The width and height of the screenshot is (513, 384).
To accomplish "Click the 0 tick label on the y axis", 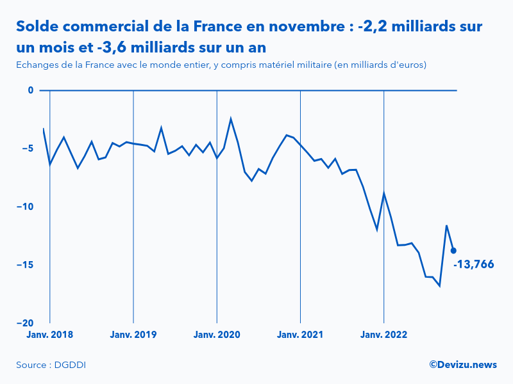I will click(30, 90).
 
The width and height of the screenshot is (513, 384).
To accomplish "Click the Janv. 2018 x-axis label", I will click(49, 335).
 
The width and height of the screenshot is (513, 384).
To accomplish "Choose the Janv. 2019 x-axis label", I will click(133, 335).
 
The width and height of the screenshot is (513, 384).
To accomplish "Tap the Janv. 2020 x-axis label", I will click(217, 335).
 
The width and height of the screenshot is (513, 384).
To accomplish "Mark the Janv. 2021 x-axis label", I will click(300, 335).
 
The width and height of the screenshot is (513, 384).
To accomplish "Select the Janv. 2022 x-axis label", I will click(383, 335).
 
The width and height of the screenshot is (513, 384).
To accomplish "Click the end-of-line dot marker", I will click(453, 251).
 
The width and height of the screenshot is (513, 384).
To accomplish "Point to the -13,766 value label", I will click(474, 264).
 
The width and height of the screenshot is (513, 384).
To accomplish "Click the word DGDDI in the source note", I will click(72, 365).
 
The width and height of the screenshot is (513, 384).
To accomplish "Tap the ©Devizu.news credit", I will click(462, 365).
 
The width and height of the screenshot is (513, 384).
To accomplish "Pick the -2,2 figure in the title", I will click(371, 27).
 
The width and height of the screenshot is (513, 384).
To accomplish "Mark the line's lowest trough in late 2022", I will click(439, 285).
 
